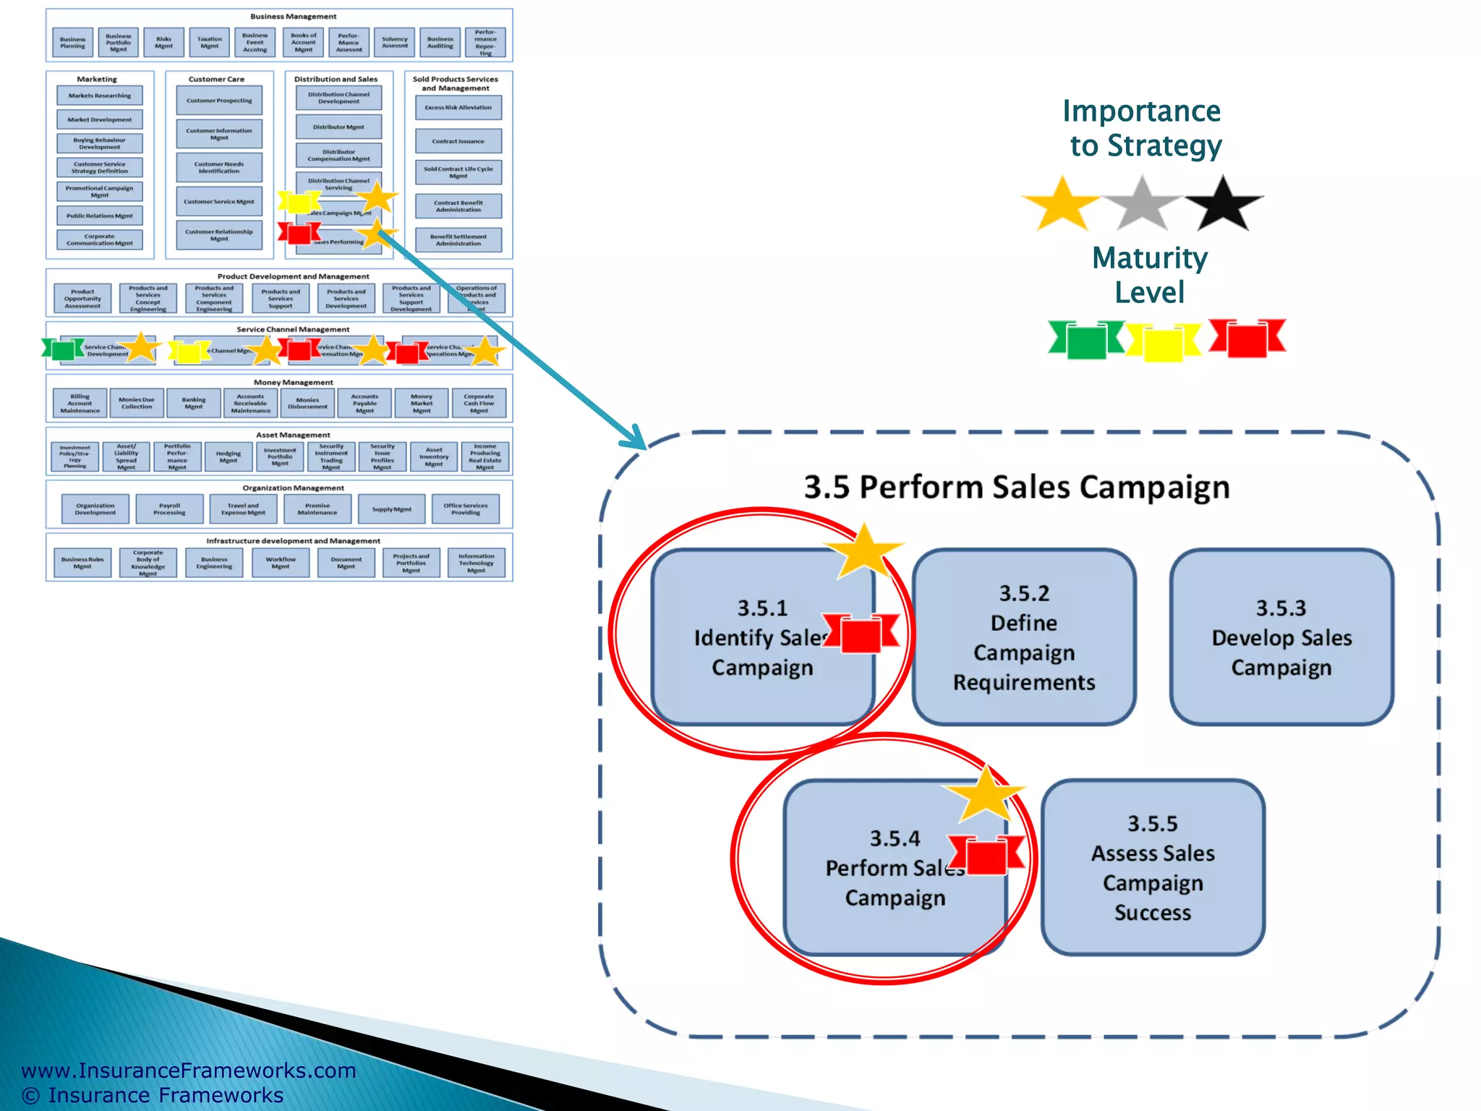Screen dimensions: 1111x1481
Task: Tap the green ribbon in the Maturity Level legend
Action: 1086,339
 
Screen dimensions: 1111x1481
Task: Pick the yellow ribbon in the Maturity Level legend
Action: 1163,341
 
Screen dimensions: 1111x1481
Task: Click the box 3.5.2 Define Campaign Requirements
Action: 1024,637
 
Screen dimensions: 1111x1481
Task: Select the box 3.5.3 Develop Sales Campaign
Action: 1281,637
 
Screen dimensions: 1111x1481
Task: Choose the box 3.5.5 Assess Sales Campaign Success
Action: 1153,867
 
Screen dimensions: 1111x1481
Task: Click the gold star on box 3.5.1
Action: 864,553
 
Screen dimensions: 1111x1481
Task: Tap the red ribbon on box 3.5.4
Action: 986,855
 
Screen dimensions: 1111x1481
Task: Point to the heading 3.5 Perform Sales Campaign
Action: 1017,487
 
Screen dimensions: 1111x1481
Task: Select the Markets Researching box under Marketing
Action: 100,95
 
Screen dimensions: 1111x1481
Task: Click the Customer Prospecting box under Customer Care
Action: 219,101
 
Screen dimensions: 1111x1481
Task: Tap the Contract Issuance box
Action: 458,141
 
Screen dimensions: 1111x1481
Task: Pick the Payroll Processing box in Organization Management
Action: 169,509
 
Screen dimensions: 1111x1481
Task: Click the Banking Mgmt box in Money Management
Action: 194,403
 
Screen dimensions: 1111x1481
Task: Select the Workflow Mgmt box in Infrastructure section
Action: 281,563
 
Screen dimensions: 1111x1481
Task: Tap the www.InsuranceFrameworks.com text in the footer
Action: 189,1070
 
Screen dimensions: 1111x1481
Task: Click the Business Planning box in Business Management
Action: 72,43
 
